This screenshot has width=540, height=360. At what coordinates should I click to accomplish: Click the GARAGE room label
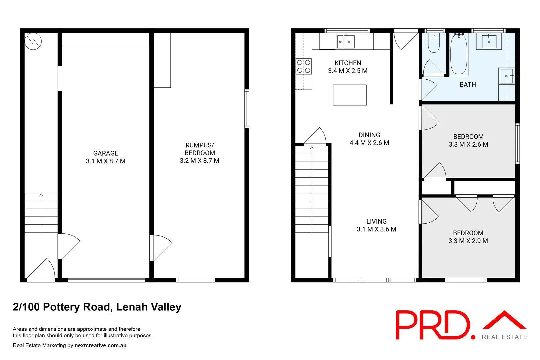click(106, 153)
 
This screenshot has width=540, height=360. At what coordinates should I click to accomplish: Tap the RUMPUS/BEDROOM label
click(200, 149)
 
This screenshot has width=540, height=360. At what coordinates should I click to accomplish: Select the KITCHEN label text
click(348, 63)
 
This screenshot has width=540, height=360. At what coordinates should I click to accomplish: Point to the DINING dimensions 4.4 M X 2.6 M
click(369, 143)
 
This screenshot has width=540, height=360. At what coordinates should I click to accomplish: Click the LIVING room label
click(376, 221)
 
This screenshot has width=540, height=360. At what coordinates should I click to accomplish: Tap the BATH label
click(468, 85)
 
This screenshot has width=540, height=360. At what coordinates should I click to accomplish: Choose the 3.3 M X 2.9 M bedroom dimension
click(468, 241)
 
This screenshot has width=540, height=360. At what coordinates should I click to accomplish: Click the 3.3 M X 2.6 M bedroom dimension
click(468, 145)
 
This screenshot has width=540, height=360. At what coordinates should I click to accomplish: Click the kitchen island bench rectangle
click(350, 95)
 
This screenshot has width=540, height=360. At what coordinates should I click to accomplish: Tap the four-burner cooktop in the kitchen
click(304, 66)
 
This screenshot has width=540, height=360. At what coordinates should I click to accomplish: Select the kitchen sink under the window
click(346, 42)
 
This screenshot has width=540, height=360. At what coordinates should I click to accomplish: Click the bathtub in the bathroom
click(459, 54)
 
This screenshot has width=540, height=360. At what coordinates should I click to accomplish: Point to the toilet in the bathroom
click(434, 43)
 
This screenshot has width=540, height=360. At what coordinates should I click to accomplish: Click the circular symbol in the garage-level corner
click(33, 41)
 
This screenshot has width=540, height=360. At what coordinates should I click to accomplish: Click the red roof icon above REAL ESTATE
click(504, 320)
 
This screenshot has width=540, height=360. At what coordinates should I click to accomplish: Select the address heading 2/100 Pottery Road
click(97, 307)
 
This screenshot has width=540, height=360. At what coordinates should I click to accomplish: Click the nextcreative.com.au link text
click(100, 345)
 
